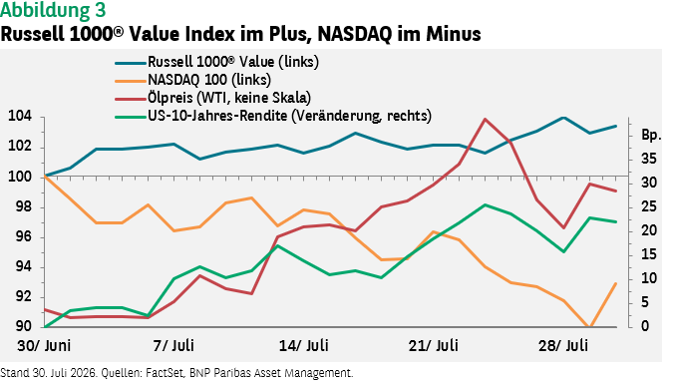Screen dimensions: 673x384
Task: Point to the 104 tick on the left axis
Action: [x=20, y=117]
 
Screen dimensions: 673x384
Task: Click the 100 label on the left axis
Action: [x=20, y=177]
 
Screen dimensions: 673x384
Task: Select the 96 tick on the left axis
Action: [x=24, y=237]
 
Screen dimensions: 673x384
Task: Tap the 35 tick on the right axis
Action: [x=649, y=159]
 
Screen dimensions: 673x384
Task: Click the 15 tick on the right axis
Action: [x=649, y=254]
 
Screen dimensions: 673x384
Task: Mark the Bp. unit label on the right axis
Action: [x=651, y=136]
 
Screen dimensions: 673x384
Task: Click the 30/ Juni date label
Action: [x=44, y=346]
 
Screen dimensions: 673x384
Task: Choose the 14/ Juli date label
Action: [x=304, y=346]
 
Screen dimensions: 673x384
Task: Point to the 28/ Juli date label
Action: [x=563, y=346]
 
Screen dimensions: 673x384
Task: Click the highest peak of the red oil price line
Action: [x=485, y=119]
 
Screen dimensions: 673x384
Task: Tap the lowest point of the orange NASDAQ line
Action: [x=589, y=327]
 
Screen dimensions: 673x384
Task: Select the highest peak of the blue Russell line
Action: [x=563, y=118]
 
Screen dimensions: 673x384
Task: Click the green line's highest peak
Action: [x=485, y=204]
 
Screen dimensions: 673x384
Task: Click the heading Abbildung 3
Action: [x=53, y=10]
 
